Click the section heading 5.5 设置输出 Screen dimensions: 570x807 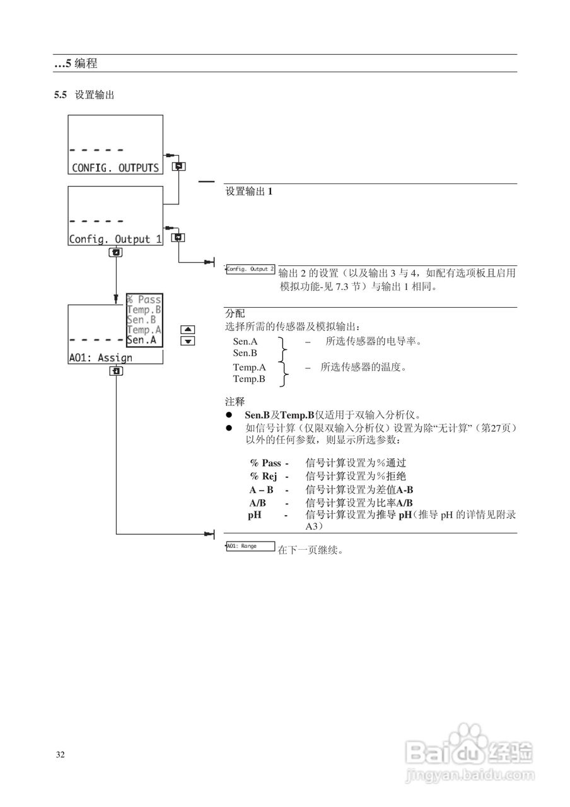click(84, 95)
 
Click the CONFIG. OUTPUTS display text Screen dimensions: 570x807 click(115, 168)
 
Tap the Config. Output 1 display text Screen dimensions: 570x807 click(115, 239)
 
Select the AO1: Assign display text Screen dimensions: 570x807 click(100, 357)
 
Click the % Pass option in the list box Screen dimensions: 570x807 click(144, 299)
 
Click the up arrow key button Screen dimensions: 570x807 click(187, 329)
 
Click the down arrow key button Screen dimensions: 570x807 click(187, 341)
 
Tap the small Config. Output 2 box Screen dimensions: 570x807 click(250, 269)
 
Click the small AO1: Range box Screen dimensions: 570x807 click(250, 546)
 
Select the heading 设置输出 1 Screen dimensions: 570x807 click(249, 191)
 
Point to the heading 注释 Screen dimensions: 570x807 click(235, 401)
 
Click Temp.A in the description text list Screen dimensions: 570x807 click(249, 367)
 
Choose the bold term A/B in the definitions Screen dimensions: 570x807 click(257, 502)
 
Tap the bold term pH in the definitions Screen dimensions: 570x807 click(255, 514)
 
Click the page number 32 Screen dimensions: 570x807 click(61, 755)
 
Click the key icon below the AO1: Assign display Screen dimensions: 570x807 click(115, 371)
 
